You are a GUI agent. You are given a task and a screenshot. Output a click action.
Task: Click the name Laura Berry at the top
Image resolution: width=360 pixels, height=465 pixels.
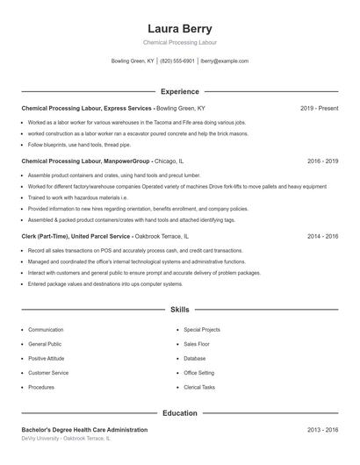pos(179,28)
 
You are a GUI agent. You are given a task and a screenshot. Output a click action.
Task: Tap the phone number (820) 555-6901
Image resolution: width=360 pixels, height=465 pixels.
pos(177,61)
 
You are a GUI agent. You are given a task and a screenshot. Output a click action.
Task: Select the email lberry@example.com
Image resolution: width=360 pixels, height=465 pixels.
pos(224,61)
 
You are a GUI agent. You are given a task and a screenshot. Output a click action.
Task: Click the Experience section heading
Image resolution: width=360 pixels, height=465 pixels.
pos(179,91)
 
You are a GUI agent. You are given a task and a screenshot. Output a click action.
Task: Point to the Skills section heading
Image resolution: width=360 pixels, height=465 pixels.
pos(179,310)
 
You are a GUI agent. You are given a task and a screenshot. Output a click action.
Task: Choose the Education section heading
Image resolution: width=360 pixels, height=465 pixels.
pos(179,412)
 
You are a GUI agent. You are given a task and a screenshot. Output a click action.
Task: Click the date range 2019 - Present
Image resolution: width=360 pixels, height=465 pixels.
pos(319,108)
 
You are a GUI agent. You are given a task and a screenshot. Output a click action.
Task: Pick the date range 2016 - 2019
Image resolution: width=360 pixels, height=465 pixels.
pos(323,161)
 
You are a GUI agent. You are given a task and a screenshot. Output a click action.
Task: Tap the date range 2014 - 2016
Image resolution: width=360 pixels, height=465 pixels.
pos(323,236)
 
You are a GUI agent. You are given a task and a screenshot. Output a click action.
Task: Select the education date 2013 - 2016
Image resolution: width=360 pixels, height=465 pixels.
pos(323,430)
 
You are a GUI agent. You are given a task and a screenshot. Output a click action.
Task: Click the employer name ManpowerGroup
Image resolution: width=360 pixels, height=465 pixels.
pos(126,161)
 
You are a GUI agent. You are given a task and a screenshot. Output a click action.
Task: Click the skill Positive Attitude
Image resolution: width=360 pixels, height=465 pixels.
pos(47,358)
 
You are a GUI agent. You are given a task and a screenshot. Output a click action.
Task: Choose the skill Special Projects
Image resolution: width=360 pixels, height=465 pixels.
pos(202,330)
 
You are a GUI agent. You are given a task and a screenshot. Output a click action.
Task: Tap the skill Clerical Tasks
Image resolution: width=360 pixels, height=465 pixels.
pos(199,387)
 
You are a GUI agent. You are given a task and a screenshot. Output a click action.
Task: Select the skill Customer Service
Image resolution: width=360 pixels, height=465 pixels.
pos(48,373)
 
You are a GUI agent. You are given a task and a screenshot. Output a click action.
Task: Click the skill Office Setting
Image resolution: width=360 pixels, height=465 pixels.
pos(198,373)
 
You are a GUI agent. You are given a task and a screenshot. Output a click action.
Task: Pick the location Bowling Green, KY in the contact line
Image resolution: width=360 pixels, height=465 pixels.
pos(133,61)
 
